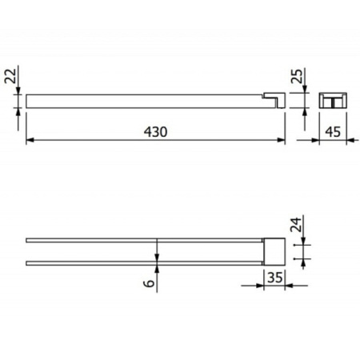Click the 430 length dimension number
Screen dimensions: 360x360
coord(155,132)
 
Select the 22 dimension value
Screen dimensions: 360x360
coord(11,76)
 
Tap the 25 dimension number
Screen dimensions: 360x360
coord(297,76)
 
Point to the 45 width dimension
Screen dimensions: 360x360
coord(333,132)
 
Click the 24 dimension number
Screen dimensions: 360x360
coord(296,225)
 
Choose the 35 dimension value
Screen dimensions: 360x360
coord(274,278)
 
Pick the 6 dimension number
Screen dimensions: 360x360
coord(149,282)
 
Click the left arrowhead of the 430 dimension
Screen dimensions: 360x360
coord(30,140)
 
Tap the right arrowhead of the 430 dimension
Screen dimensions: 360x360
coord(282,140)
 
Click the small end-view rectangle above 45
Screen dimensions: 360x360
coord(333,100)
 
